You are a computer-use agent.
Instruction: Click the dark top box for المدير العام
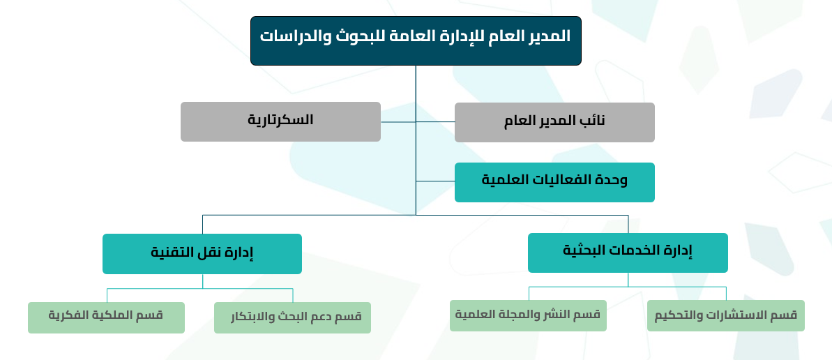coord(416,41)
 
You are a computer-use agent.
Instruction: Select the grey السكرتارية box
coord(280,121)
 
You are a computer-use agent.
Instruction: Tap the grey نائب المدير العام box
coord(554,122)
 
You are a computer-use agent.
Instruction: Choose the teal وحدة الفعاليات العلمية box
coord(554,182)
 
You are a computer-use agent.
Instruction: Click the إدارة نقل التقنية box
coord(202,254)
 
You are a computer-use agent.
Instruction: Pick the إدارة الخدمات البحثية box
coord(628,253)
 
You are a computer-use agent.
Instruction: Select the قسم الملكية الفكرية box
coord(106,317)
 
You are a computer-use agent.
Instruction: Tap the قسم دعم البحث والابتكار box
coord(292,317)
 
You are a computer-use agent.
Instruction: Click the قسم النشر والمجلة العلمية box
coord(528,315)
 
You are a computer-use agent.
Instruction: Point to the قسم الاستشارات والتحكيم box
coord(726,315)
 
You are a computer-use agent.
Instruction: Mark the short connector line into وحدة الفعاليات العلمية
coord(435,181)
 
